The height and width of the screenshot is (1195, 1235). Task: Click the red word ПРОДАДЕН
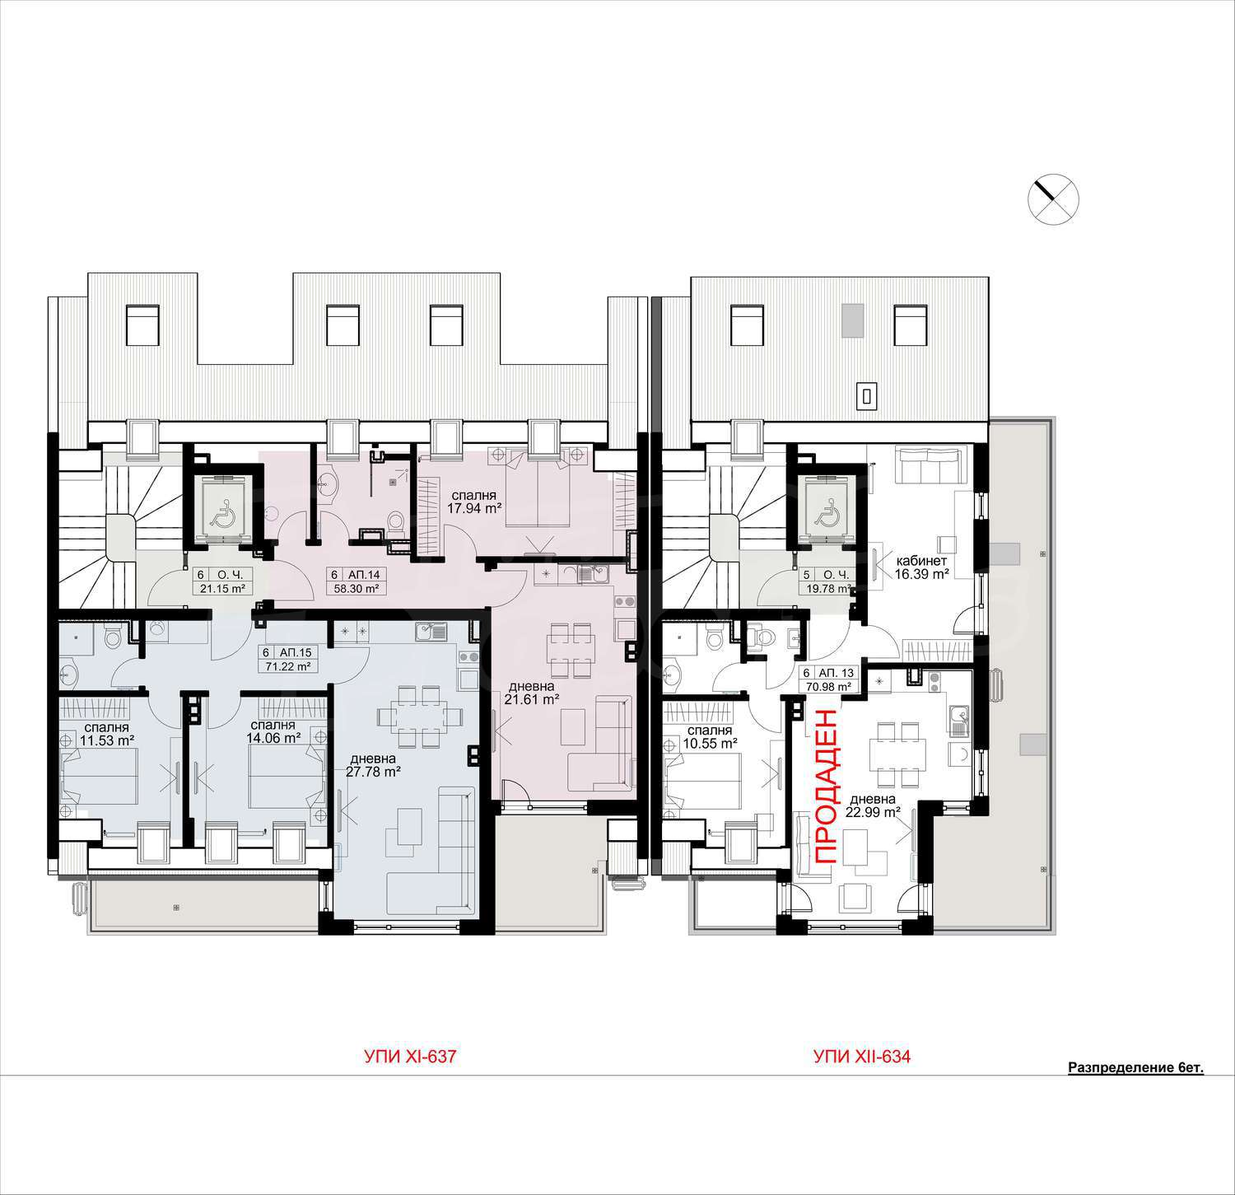[x=827, y=787]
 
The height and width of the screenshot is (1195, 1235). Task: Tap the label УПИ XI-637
[x=410, y=1057]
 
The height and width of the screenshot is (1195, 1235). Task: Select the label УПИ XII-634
[x=862, y=1057]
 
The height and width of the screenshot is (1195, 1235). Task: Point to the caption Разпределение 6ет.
[x=1135, y=1068]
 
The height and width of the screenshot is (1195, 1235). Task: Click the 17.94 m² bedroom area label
[x=473, y=502]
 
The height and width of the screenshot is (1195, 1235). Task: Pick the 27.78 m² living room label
[x=375, y=765]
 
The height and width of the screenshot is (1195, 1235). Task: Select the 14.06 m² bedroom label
[x=274, y=731]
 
